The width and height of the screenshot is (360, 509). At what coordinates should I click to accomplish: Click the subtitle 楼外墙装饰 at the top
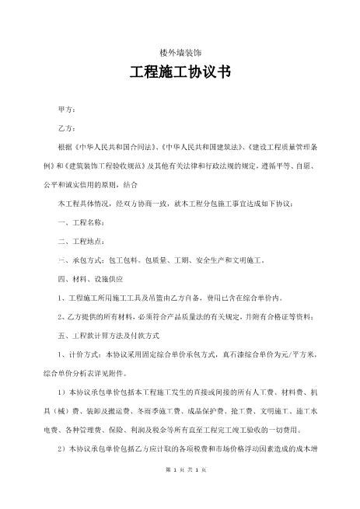click(x=180, y=52)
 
